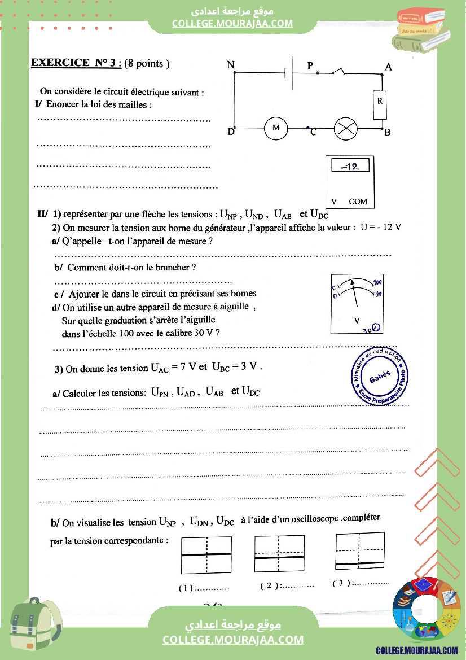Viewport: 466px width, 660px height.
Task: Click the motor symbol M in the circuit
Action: pyautogui.click(x=276, y=129)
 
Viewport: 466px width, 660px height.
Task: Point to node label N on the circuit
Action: pyautogui.click(x=230, y=65)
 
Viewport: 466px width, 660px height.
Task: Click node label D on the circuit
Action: pyautogui.click(x=231, y=132)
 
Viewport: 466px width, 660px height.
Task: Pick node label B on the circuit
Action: pyautogui.click(x=387, y=133)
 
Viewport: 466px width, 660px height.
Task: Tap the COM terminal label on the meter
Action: pyautogui.click(x=358, y=202)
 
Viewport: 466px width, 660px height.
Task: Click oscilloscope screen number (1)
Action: pyautogui.click(x=206, y=555)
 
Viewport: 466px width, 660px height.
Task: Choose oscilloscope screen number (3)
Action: pyautogui.click(x=360, y=550)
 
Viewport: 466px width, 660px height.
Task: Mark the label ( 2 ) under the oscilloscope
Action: pyautogui.click(x=269, y=586)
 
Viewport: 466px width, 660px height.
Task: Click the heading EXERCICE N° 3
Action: pyautogui.click(x=76, y=63)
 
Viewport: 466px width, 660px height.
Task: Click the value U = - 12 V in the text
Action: pyautogui.click(x=381, y=228)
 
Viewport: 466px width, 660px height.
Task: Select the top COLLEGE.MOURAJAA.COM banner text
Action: pyautogui.click(x=232, y=23)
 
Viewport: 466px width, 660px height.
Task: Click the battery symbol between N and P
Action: pyautogui.click(x=289, y=73)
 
